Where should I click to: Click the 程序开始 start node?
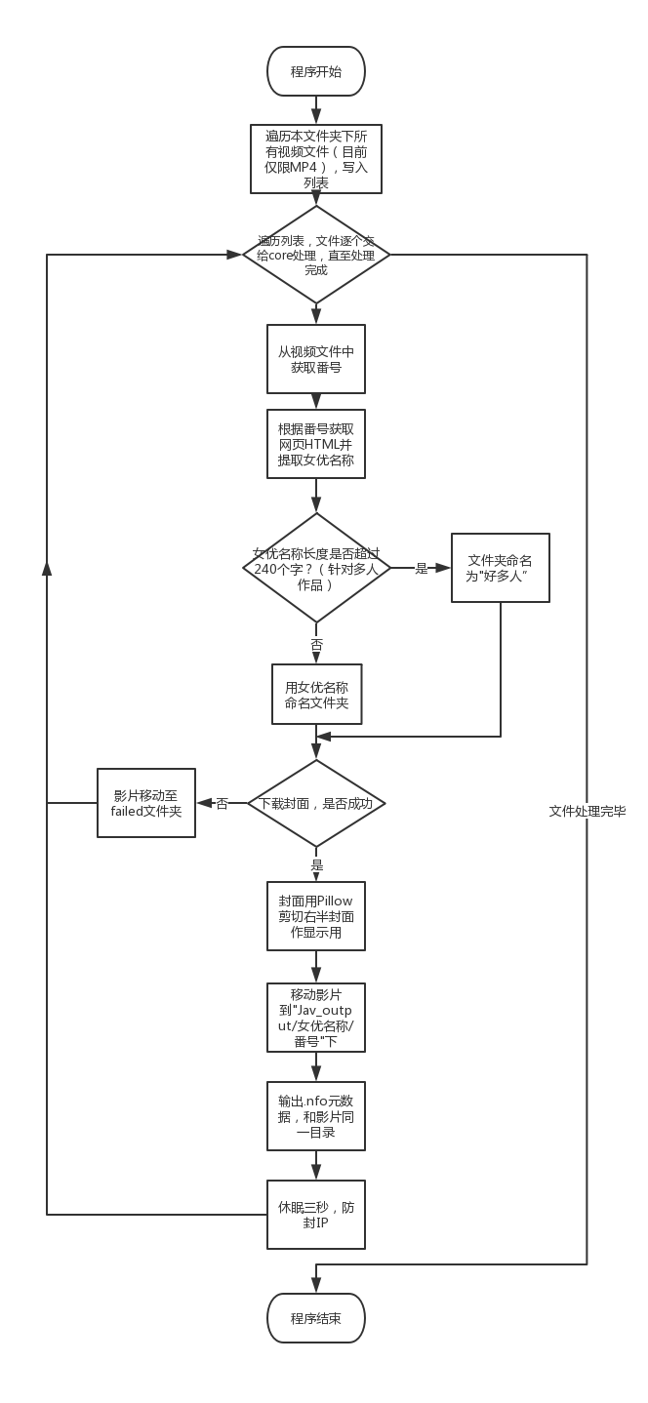pos(316,71)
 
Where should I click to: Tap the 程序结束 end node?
pos(316,1318)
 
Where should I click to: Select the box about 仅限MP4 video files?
pos(316,158)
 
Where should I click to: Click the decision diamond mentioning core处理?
pos(316,255)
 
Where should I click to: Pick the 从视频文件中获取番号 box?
pos(316,359)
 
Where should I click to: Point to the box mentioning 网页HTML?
pos(316,444)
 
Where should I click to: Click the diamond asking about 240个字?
pos(316,568)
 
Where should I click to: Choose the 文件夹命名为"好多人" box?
pos(500,568)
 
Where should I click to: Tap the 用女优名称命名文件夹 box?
pos(316,695)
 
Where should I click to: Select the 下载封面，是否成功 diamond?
pos(316,803)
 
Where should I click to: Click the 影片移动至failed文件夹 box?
pos(146,803)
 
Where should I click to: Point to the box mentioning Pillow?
pos(316,916)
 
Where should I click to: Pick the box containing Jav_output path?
pos(316,1018)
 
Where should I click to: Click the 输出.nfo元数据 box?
pos(316,1116)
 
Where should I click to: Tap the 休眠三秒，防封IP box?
pos(316,1215)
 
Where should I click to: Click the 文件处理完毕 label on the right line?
pos(587,811)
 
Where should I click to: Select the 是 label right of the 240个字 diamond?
pos(422,568)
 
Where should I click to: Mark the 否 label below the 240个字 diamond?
pos(316,645)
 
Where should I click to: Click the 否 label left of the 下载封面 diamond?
pos(222,803)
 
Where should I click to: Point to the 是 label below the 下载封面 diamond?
pos(316,865)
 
